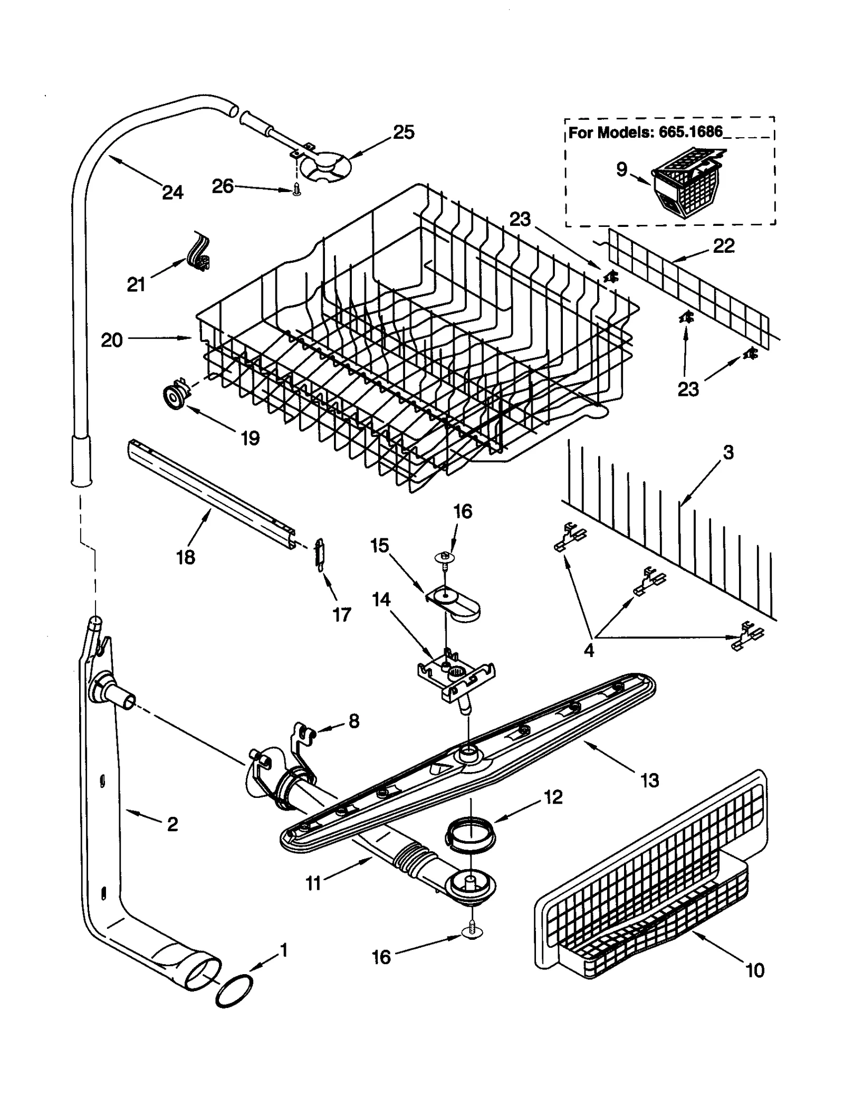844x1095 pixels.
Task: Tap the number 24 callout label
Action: [x=172, y=193]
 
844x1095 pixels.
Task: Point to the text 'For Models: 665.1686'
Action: [x=645, y=132]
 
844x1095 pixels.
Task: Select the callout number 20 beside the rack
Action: [x=112, y=340]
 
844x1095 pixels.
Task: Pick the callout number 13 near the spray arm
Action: [x=650, y=780]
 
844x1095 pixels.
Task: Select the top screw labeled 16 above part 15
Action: [x=445, y=557]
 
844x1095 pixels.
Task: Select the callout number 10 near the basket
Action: [x=755, y=970]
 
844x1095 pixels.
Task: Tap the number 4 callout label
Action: [x=589, y=650]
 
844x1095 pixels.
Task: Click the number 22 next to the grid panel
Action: [x=724, y=246]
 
